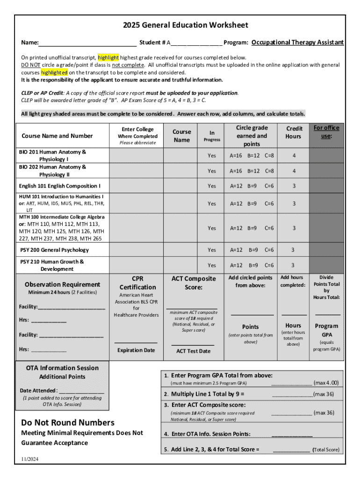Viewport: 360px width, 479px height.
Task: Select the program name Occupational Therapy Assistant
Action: pos(297,43)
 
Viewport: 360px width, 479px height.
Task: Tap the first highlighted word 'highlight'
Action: pos(108,58)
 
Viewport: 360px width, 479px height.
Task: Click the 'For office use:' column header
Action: pos(326,132)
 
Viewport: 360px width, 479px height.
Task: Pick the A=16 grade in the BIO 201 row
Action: pos(236,155)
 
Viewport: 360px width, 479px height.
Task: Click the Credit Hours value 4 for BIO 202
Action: pos(294,171)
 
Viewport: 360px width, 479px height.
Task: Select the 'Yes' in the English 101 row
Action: pos(212,186)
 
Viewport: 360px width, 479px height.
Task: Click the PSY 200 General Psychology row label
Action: pos(55,250)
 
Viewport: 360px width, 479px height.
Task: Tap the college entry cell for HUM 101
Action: pos(136,203)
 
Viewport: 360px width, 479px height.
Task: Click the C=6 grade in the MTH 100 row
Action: pos(269,228)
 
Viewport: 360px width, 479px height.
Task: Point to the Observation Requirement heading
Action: pos(62,284)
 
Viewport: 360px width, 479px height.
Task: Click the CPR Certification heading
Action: pos(137,283)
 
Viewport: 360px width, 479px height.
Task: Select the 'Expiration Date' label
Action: pos(136,350)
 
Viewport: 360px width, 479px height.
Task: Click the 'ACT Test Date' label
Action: pos(193,351)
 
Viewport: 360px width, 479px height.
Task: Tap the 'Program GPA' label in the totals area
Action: pos(326,330)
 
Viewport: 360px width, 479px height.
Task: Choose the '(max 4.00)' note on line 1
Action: pos(326,383)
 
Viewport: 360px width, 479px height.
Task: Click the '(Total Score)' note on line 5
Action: pos(326,450)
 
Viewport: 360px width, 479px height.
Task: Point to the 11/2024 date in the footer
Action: pos(30,459)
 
